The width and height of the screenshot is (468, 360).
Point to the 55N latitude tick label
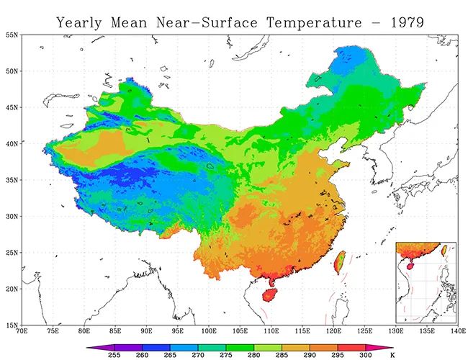(x=12, y=35)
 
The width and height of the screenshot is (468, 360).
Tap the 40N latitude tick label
(x=12, y=143)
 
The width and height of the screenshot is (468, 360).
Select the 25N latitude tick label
(x=12, y=253)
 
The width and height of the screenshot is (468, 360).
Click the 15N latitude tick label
(x=12, y=325)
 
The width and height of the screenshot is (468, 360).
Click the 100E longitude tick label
(x=210, y=332)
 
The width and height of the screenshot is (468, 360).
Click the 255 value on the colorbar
(x=113, y=355)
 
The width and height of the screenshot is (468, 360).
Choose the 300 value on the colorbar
(x=366, y=355)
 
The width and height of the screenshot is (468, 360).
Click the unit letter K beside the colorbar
(x=392, y=355)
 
